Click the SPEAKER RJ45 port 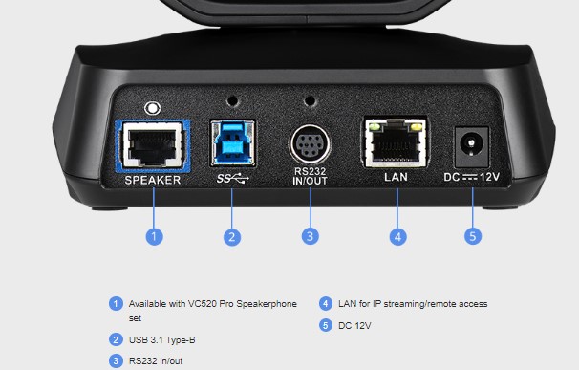(x=153, y=145)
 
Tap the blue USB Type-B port (x=232, y=142)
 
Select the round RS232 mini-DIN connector (x=311, y=144)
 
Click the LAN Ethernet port (x=396, y=142)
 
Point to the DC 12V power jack (x=472, y=146)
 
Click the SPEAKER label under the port (x=153, y=180)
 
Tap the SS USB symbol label (x=232, y=179)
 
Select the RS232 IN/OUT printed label (x=311, y=176)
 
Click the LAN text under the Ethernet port (x=396, y=177)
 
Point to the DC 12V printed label (x=472, y=177)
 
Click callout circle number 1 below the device (x=155, y=236)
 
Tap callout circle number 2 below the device (x=232, y=237)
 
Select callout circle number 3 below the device (x=311, y=236)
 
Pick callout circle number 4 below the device (x=398, y=236)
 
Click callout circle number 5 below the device (x=473, y=236)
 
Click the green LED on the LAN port (x=375, y=127)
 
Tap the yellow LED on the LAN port (x=417, y=127)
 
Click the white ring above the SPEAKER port (x=152, y=108)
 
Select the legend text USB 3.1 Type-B (x=161, y=340)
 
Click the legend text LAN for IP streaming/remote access (x=413, y=304)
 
